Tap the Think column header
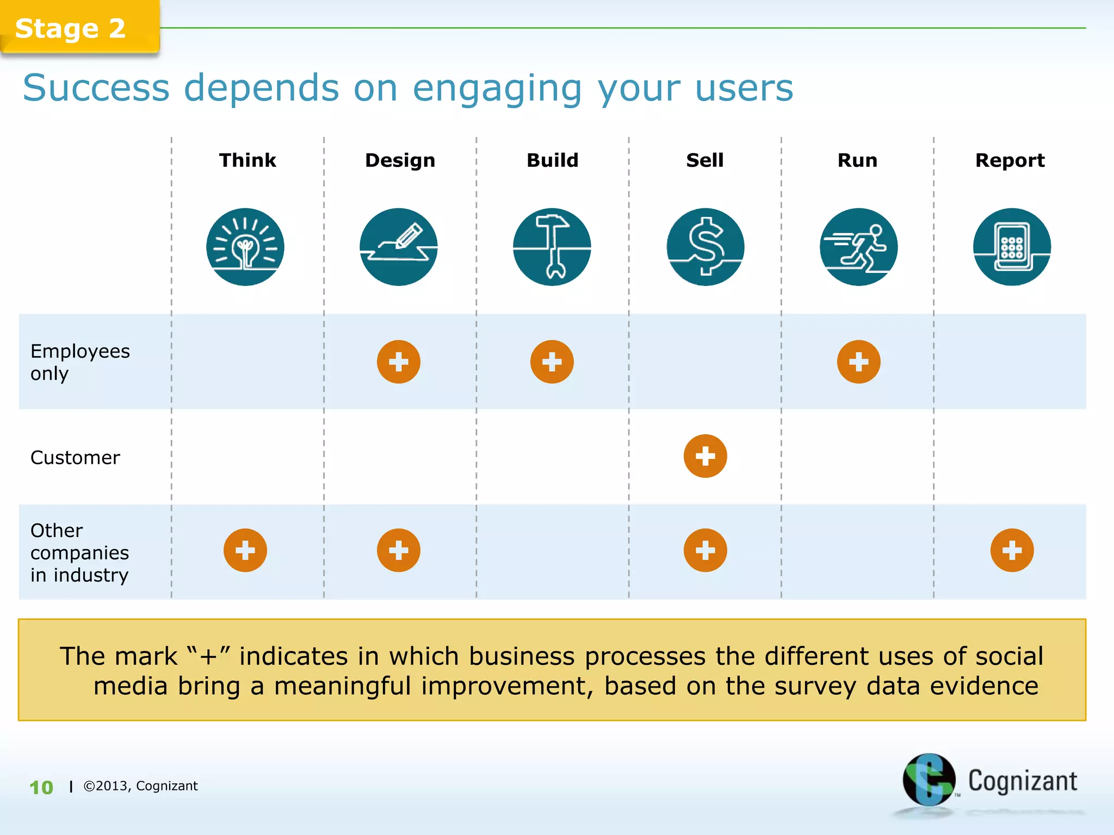pyautogui.click(x=247, y=160)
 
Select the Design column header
pyautogui.click(x=400, y=160)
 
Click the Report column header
pyautogui.click(x=1010, y=160)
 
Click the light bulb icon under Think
pyautogui.click(x=245, y=247)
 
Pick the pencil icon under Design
pyautogui.click(x=399, y=247)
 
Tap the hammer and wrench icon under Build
pyautogui.click(x=552, y=247)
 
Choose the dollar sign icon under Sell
pyautogui.click(x=705, y=247)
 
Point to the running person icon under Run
pyautogui.click(x=859, y=247)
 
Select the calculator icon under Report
pyautogui.click(x=1012, y=247)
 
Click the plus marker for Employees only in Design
pyautogui.click(x=399, y=362)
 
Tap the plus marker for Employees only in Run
pyautogui.click(x=859, y=362)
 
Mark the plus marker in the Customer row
pyautogui.click(x=705, y=456)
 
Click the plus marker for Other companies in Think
pyautogui.click(x=245, y=550)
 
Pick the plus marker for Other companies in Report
pyautogui.click(x=1012, y=550)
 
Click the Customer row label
pyautogui.click(x=75, y=458)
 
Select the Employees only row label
pyautogui.click(x=79, y=362)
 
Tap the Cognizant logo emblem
pyautogui.click(x=929, y=780)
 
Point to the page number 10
pyautogui.click(x=41, y=787)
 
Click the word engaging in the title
pyautogui.click(x=497, y=88)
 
